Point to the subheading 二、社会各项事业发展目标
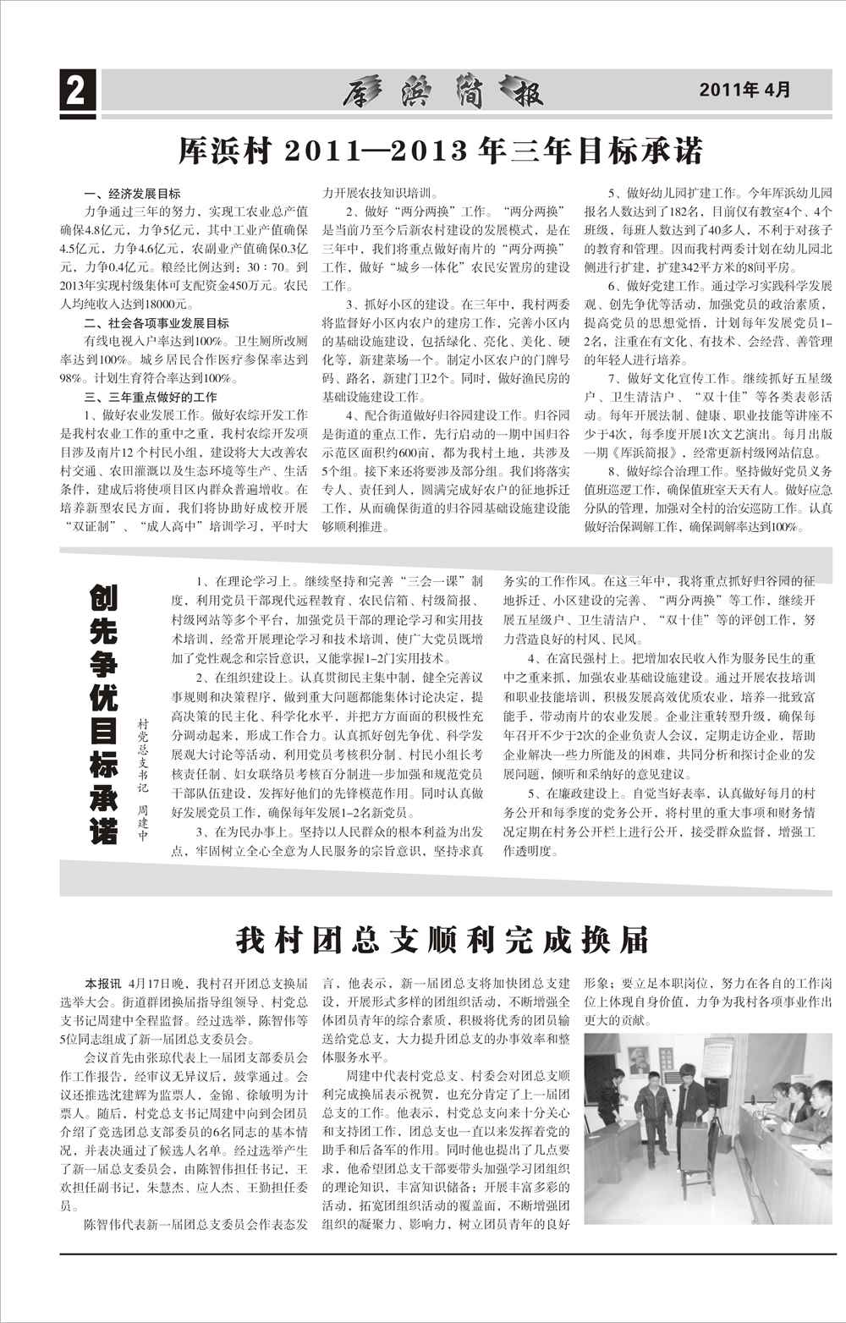click(157, 323)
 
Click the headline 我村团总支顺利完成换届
click(442, 938)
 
